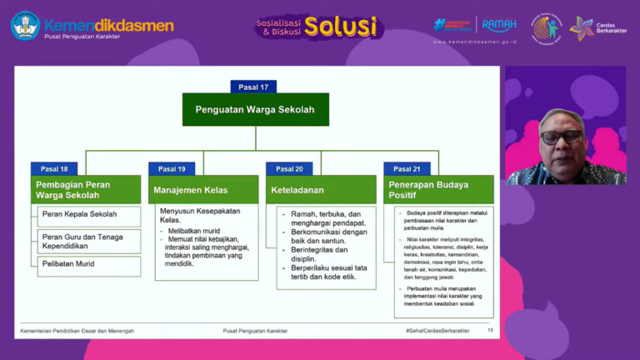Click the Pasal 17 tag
pos(253,86)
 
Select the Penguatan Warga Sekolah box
pos(255,109)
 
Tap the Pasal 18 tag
pos(54,168)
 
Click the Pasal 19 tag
pos(172,168)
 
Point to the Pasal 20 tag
pos(289,168)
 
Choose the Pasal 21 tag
pos(407,168)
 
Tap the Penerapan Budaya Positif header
pos(438,189)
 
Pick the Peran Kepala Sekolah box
pos(88,215)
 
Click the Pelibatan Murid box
pos(88,265)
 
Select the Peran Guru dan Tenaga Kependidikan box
pos(88,241)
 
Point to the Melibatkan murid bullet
pos(195,230)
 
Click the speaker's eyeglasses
pos(561,135)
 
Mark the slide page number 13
pos(490,331)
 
